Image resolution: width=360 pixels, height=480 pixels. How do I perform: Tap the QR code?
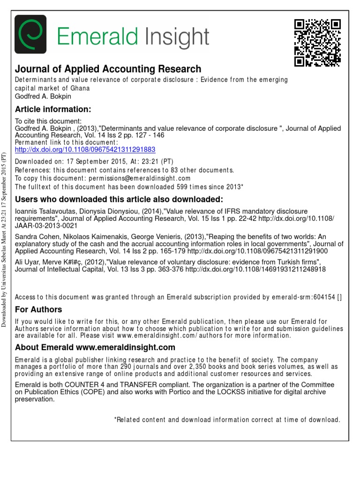coord(316,43)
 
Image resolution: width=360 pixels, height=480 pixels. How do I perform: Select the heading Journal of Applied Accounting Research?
coord(108,69)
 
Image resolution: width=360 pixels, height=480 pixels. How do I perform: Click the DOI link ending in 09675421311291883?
coord(85,150)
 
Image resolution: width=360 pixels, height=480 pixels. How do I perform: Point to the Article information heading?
coord(53,109)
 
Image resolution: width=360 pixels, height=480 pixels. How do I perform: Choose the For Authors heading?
coord(38,309)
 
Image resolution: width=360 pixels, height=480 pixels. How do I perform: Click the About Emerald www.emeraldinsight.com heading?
coord(95,347)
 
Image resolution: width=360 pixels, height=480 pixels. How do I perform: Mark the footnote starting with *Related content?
coord(227,420)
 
